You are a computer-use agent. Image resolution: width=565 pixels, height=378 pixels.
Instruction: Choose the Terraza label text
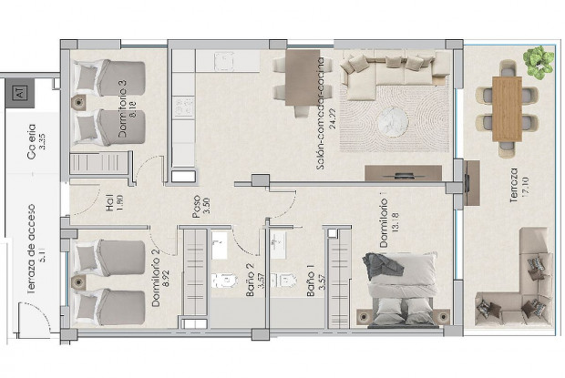(514, 189)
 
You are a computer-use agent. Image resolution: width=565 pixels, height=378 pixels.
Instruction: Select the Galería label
(32, 143)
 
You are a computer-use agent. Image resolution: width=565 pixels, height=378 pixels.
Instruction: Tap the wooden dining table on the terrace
(507, 107)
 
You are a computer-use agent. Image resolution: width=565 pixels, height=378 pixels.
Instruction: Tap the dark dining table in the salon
(301, 76)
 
